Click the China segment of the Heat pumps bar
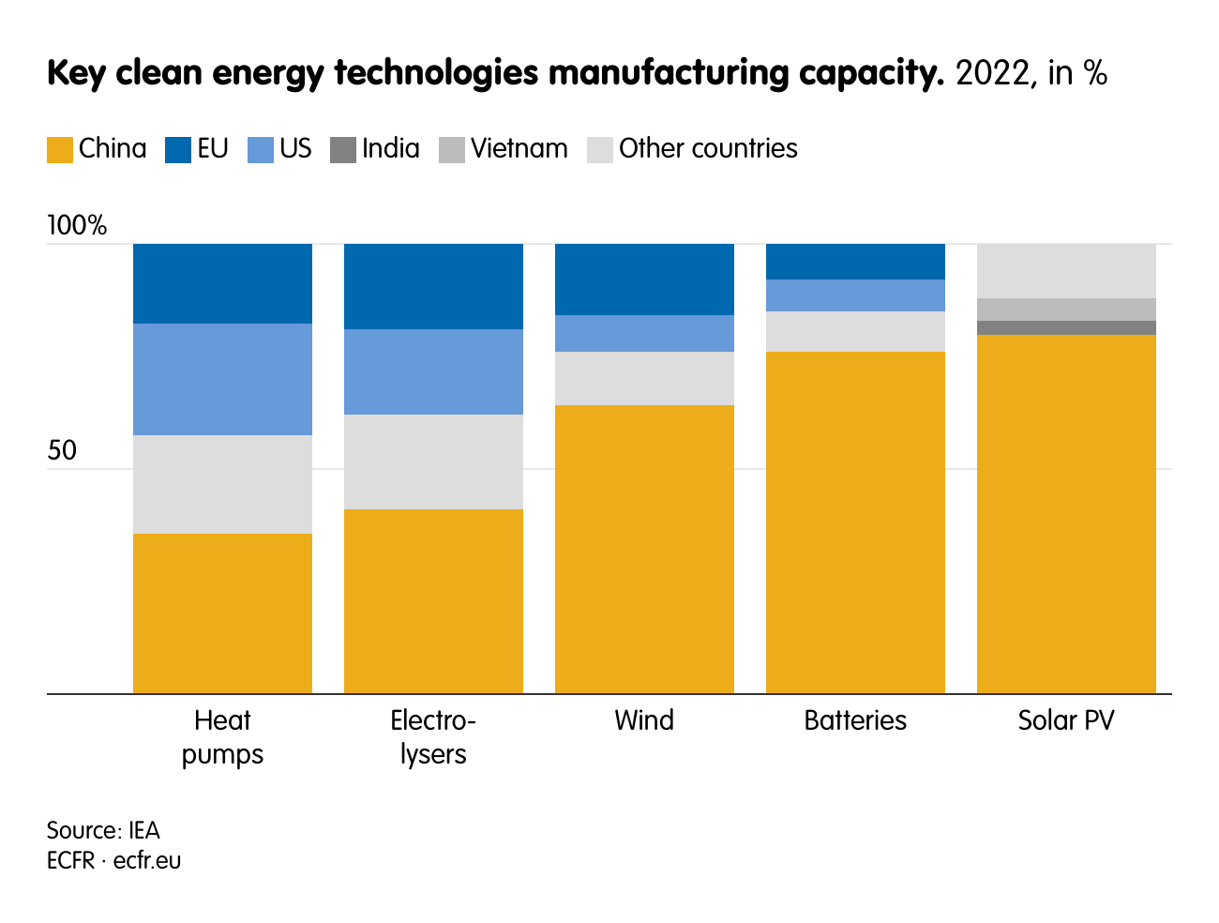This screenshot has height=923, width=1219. pos(222,613)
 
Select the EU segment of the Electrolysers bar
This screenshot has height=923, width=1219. pos(433,286)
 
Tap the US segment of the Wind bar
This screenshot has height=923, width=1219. pos(644,333)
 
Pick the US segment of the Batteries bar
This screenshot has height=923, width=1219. pos(855,295)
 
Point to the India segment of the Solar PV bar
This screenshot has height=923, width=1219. pos(1066,327)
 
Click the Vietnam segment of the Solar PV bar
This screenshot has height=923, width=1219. pos(1066,310)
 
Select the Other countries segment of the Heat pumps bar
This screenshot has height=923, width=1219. pos(222,484)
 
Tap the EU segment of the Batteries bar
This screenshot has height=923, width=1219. pos(855,262)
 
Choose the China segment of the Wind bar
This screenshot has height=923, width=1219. pos(644,549)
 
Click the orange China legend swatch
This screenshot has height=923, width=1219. pos(60,150)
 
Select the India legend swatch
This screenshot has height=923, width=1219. pos(343,150)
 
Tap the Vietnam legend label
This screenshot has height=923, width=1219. pos(519,149)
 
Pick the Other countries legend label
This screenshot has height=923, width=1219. pos(708,149)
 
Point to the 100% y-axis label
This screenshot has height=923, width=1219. pos(77,225)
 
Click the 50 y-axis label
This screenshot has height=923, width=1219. pos(62,451)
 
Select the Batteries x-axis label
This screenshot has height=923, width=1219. pos(855,720)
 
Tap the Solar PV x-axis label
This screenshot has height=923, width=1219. pos(1066,720)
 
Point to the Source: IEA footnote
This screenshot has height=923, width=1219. pos(103,831)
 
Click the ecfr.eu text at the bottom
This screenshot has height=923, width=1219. pos(147,860)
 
